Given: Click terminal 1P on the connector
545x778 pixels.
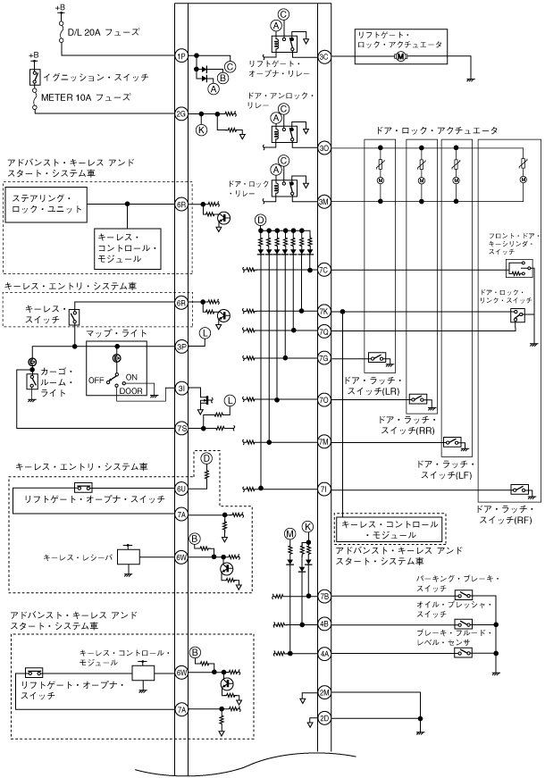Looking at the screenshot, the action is (181, 56).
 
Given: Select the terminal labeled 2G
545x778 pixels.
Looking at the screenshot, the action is (181, 113).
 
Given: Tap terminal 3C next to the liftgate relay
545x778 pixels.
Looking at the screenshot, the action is (324, 56).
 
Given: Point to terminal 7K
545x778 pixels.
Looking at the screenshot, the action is (324, 311).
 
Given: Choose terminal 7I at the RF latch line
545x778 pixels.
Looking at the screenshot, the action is (324, 489).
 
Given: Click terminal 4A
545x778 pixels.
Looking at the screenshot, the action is (324, 654).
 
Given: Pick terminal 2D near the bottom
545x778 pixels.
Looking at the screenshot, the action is (324, 718).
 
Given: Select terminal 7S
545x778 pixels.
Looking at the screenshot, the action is (181, 428).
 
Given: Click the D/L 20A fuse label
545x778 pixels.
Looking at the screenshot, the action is (104, 32).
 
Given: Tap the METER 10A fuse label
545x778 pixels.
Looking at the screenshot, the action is (86, 97).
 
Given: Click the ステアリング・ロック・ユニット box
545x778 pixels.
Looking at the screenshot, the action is (46, 204).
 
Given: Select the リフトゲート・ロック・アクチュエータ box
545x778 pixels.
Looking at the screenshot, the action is (401, 46).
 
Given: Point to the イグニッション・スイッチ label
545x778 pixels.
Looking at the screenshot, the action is (96, 78).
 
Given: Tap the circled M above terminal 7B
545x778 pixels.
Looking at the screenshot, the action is (289, 533).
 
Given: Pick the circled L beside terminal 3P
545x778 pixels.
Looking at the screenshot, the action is (205, 333).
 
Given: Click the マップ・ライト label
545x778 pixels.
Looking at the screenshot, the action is (117, 333).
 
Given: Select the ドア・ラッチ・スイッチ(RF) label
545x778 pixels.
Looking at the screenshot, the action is (504, 514).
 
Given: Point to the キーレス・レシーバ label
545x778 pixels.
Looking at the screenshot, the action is (79, 557).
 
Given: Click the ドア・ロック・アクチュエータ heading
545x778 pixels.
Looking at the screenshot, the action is (437, 130).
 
